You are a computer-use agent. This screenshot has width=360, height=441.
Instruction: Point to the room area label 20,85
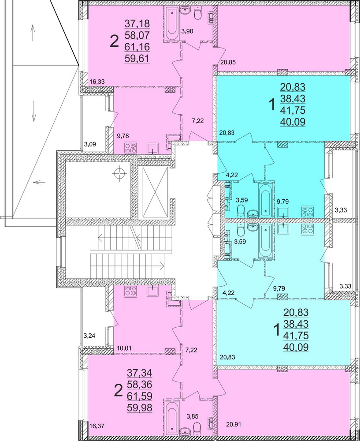[228, 62]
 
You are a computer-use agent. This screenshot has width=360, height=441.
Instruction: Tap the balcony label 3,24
[90, 336]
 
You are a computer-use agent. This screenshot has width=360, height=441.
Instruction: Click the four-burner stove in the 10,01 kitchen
[130, 291]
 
